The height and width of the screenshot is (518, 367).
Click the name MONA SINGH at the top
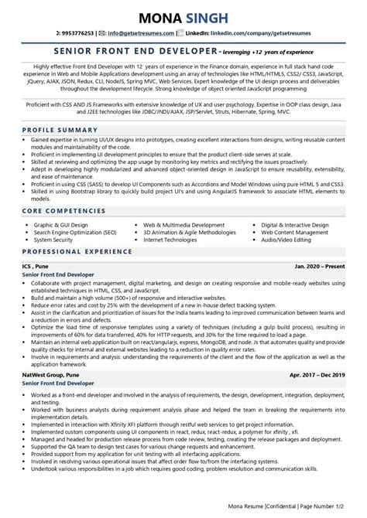(x=183, y=16)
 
